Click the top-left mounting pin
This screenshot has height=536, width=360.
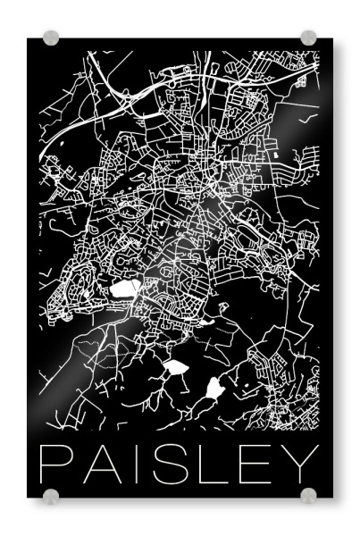pyautogui.click(x=51, y=38)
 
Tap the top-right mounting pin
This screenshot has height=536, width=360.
pyautogui.click(x=308, y=38)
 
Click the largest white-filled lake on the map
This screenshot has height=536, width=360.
pyautogui.click(x=125, y=289)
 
